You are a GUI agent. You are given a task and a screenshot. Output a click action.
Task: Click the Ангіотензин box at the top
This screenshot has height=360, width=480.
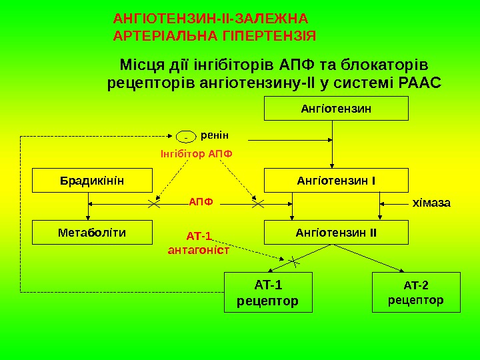(336, 108)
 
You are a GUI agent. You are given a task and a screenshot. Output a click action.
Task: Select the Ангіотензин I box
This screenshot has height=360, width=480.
(336, 180)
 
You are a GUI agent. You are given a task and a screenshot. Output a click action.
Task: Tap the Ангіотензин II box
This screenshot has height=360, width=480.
(336, 233)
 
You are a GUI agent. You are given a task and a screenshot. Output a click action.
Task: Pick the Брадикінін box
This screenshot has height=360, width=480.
(92, 180)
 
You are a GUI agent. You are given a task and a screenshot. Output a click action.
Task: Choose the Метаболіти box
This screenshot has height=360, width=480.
(92, 233)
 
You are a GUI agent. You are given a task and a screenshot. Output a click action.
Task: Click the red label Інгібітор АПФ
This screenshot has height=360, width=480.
(197, 153)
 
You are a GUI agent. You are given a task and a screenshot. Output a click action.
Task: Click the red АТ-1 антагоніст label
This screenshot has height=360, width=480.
(198, 243)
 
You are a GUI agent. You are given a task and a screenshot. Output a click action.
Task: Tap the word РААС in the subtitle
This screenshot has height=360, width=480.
(419, 84)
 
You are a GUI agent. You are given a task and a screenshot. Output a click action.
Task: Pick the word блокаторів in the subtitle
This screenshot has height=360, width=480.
(383, 65)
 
